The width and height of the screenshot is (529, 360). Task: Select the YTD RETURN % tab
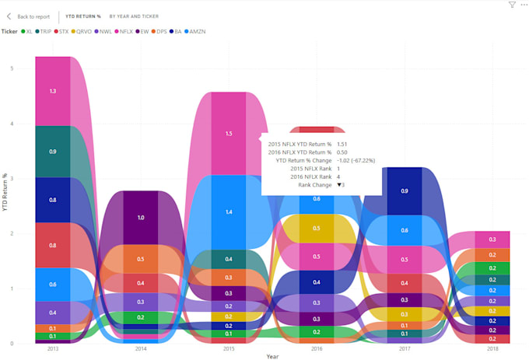click(x=83, y=16)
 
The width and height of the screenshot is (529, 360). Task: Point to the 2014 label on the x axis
click(x=140, y=349)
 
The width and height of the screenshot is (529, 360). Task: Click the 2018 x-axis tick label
click(x=492, y=349)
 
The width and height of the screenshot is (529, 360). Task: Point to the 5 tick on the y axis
click(x=12, y=68)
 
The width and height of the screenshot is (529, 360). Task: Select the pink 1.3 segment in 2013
click(x=53, y=91)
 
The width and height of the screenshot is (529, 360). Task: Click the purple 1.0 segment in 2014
click(x=140, y=218)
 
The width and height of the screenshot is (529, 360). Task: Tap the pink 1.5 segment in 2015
click(x=228, y=134)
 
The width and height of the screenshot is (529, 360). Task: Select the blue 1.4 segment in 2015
click(x=228, y=211)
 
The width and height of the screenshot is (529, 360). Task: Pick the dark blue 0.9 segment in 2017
click(x=404, y=191)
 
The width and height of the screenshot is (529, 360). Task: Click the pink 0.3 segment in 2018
click(x=492, y=239)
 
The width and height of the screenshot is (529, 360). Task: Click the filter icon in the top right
click(x=512, y=5)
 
